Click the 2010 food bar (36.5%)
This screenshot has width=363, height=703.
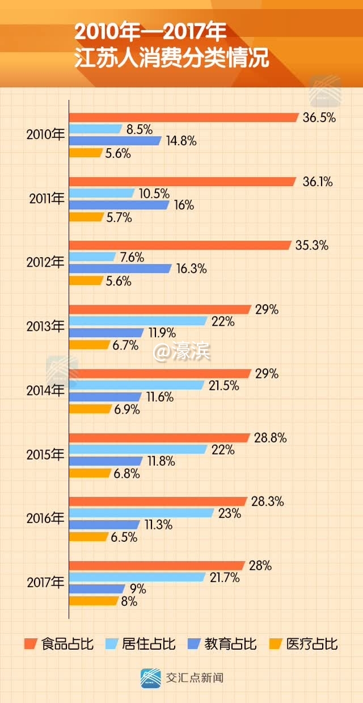point(183,117)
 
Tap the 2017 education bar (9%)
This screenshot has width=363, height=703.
point(97,589)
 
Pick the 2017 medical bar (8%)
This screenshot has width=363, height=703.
point(94,601)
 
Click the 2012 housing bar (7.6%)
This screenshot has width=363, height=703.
point(92,257)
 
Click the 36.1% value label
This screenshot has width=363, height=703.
point(317,182)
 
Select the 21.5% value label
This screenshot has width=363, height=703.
point(224,386)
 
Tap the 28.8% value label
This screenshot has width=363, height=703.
point(270,438)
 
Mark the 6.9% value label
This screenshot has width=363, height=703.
point(126,409)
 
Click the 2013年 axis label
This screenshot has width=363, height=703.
point(46,327)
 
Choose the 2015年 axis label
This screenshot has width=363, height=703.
point(46,454)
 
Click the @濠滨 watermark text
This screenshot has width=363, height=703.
point(182,352)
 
